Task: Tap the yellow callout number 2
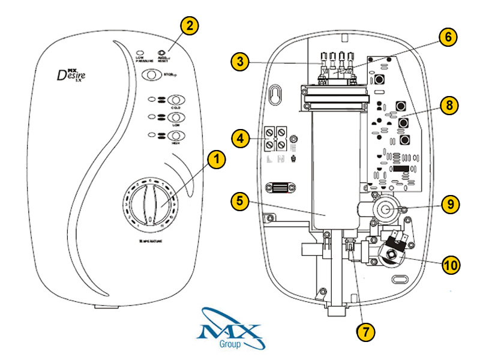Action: [x=189, y=26]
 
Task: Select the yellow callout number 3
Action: [x=240, y=61]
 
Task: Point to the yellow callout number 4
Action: [x=240, y=139]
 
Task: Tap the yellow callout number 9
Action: [x=448, y=203]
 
